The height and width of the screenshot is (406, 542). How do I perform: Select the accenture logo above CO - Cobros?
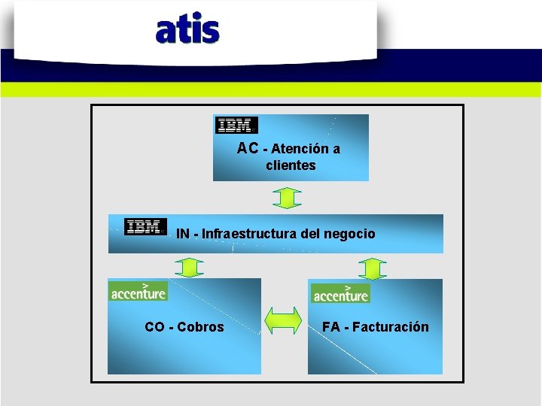pyautogui.click(x=139, y=291)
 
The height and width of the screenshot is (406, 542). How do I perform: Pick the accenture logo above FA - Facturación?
pyautogui.click(x=340, y=293)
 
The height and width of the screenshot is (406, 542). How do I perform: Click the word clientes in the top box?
pyautogui.click(x=291, y=165)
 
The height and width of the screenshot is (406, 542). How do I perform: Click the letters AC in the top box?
pyautogui.click(x=248, y=148)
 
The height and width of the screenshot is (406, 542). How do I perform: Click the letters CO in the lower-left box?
pyautogui.click(x=155, y=327)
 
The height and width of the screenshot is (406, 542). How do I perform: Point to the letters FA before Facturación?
pyautogui.click(x=331, y=327)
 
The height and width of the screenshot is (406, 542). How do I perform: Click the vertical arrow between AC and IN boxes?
pyautogui.click(x=286, y=198)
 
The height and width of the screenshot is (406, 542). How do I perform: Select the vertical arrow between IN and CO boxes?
pyautogui.click(x=190, y=268)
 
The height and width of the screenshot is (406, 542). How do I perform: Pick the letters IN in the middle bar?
pyautogui.click(x=182, y=234)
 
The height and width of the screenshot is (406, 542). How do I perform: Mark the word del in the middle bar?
pyautogui.click(x=309, y=234)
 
